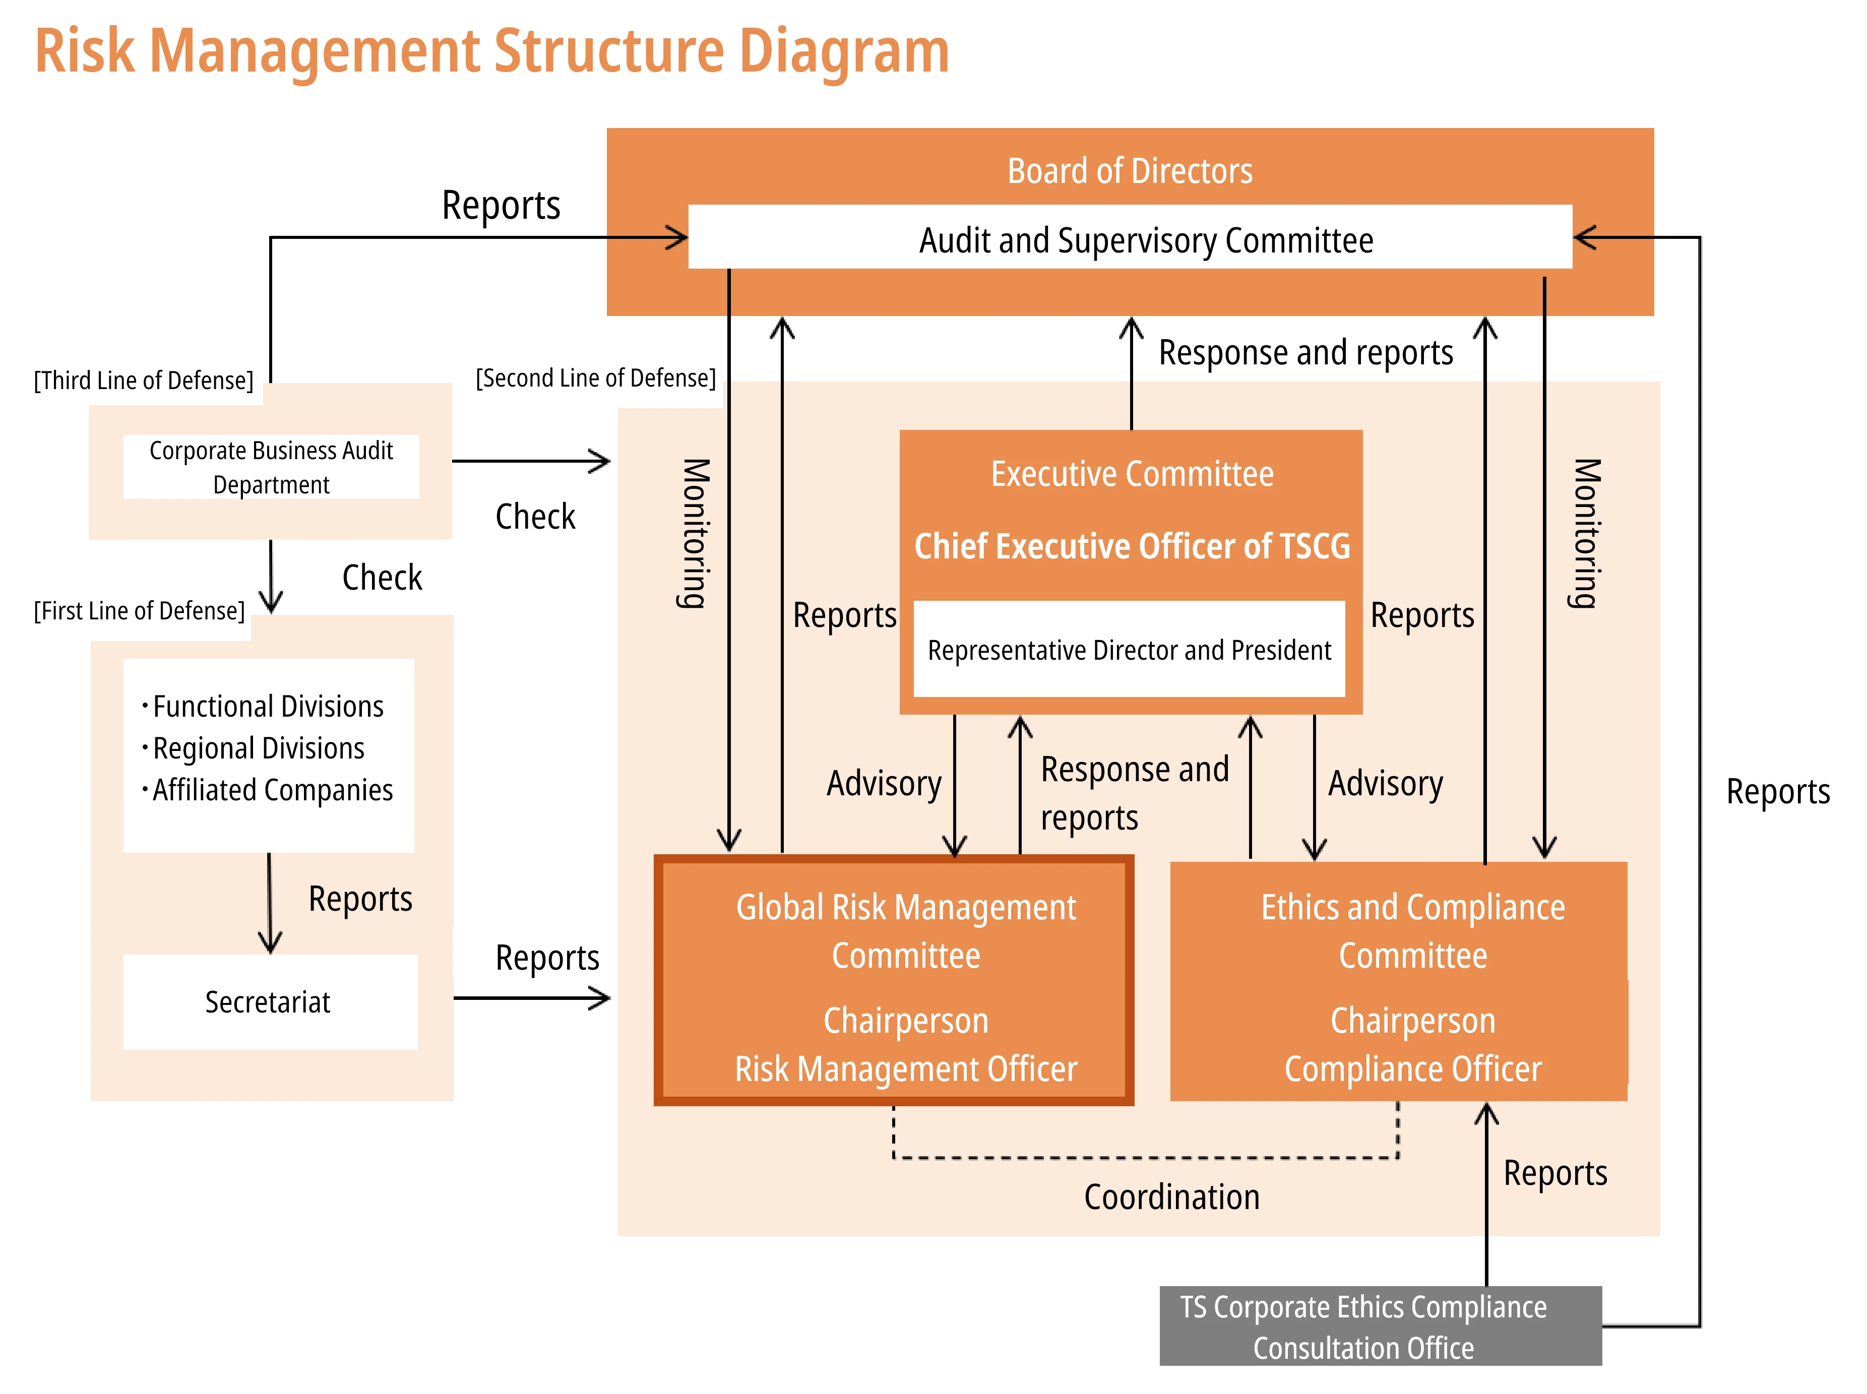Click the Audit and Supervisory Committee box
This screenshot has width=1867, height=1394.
click(x=1129, y=240)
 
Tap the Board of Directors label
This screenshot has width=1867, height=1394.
click(x=1129, y=171)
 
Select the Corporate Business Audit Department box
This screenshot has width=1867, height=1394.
click(x=271, y=467)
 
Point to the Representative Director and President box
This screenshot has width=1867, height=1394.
click(x=1129, y=650)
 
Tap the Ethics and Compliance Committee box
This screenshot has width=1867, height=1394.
click(x=1398, y=981)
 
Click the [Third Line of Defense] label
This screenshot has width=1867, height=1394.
click(x=144, y=381)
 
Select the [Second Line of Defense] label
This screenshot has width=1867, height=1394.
click(x=595, y=378)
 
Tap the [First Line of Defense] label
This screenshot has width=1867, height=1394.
click(x=139, y=611)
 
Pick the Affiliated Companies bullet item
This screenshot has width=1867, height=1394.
click(x=272, y=791)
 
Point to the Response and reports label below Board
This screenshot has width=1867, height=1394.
click(x=1305, y=353)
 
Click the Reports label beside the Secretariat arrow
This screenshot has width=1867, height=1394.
click(x=547, y=958)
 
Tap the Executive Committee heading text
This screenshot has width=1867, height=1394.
click(x=1131, y=474)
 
